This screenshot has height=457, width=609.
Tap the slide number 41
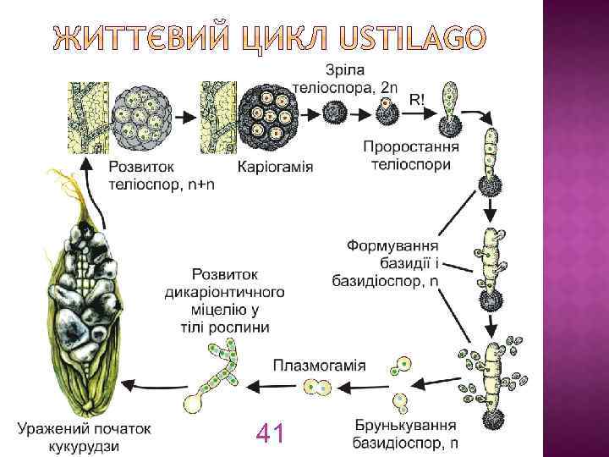pyautogui.click(x=268, y=434)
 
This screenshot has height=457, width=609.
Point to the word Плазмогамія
pyautogui.click(x=319, y=366)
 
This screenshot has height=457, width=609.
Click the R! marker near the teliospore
pyautogui.click(x=418, y=99)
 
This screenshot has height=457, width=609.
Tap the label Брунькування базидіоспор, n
pyautogui.click(x=405, y=434)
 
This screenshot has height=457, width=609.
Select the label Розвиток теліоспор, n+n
pyautogui.click(x=161, y=175)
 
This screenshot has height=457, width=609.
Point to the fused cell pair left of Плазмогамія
pyautogui.click(x=319, y=388)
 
